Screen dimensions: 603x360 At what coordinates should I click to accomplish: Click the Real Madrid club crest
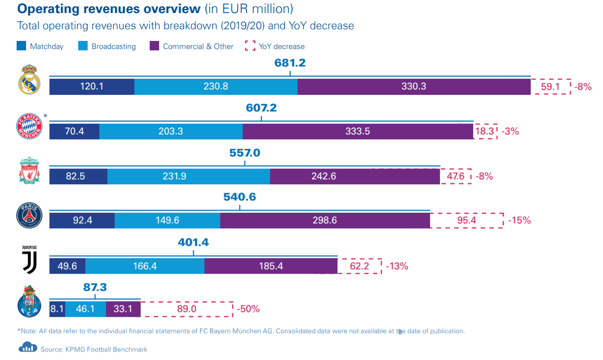coord(29,79)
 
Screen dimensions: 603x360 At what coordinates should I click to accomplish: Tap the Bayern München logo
coord(29,126)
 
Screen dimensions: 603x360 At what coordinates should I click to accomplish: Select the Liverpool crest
coord(29,170)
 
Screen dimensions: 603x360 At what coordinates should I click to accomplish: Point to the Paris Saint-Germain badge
coord(29,215)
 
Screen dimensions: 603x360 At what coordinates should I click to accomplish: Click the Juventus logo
coord(29,260)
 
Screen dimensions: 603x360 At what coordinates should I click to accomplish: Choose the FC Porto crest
coord(29,301)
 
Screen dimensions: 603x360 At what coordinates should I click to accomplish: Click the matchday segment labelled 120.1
coord(92,86)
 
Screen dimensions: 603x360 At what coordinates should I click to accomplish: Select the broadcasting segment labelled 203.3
coord(171,131)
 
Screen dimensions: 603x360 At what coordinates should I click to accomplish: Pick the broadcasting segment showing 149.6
coord(167,221)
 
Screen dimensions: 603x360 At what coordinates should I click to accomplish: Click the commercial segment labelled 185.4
coord(271,266)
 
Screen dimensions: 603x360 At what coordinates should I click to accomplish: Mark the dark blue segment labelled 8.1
coord(58,309)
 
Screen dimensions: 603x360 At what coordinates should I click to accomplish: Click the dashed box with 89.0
coord(186,309)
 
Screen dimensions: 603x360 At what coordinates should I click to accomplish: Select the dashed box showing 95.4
coord(467,221)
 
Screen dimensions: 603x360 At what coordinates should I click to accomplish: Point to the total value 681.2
coord(290,63)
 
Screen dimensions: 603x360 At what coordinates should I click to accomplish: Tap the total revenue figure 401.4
coord(193,242)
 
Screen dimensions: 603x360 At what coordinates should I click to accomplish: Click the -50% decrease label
coord(248,309)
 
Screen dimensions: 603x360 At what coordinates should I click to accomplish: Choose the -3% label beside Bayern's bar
coord(510,131)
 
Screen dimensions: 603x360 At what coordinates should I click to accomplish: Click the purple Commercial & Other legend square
coord(154,46)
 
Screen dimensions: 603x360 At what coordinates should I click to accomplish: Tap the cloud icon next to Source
coord(28,347)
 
